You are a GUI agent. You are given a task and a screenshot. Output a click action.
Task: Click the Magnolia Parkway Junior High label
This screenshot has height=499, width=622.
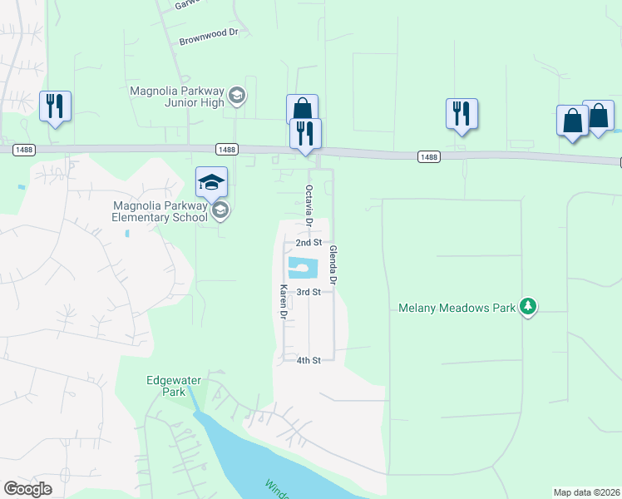177,96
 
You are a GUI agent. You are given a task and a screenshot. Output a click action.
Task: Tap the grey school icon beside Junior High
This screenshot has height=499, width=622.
237,95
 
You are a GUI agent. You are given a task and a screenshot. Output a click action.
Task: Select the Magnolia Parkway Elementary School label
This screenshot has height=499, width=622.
160,212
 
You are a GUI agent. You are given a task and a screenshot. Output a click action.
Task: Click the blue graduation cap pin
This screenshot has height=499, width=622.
211,182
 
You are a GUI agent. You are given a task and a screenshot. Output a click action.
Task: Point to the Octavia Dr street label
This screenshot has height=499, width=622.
308,208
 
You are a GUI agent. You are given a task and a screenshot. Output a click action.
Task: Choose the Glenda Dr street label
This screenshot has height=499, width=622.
333,265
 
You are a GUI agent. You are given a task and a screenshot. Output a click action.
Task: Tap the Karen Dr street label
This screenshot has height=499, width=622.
283,303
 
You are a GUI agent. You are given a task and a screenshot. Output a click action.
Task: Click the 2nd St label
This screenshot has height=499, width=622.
309,243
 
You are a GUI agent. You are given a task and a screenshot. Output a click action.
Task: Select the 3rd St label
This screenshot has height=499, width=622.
309,292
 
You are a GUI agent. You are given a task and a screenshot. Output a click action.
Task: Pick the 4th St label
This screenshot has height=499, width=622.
309,360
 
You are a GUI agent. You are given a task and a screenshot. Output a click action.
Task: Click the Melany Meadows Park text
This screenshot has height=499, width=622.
455,308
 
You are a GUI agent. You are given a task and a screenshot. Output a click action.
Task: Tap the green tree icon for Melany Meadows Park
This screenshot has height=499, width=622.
527,307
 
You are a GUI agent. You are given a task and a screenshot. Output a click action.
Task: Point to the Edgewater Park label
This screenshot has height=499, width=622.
174,386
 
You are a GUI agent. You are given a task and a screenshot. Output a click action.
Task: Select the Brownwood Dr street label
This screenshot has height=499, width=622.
209,40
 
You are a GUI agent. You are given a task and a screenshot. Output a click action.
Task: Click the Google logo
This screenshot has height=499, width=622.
27,489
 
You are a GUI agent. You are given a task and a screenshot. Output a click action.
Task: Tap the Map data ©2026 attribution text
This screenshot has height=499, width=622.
587,492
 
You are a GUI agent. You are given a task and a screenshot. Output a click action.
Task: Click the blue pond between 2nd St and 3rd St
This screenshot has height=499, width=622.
302,268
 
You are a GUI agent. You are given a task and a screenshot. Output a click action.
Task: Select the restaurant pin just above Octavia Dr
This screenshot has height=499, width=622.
305,133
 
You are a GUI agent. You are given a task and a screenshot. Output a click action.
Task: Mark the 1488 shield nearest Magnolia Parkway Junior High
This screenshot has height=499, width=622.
226,149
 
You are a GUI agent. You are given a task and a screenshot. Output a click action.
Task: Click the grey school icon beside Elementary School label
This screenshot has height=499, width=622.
220,211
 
